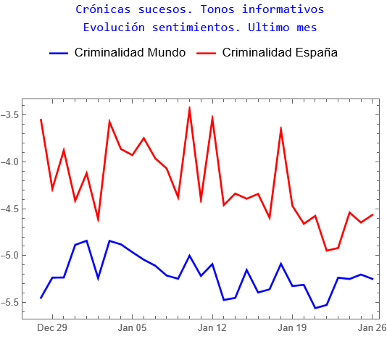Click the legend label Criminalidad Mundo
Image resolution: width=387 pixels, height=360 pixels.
point(130,53)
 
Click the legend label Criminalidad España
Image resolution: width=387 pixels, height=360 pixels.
point(280,53)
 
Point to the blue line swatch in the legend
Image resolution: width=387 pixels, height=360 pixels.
point(59,53)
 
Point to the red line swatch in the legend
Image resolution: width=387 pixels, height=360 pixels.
point(207,53)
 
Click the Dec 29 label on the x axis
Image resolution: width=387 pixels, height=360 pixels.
point(52,328)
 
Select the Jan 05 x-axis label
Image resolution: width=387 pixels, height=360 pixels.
point(132,328)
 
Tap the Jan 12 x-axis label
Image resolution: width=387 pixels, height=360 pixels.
point(212,328)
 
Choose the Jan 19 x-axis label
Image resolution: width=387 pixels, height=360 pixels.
point(292,328)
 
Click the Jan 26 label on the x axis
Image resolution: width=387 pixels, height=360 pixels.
point(372,328)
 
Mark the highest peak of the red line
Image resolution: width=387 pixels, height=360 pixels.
point(189,108)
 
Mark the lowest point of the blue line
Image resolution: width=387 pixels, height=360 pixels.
point(315,308)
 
